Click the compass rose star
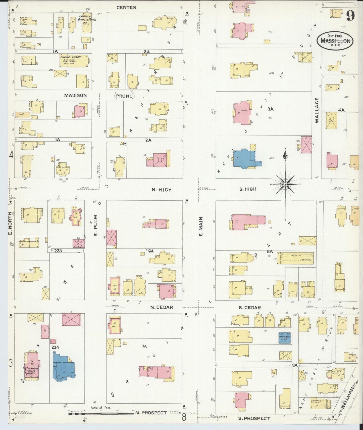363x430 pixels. tap(285, 185)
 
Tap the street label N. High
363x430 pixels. tap(162, 190)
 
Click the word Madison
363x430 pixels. tap(75, 95)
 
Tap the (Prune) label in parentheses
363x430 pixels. tap(124, 96)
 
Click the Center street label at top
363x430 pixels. tap(126, 8)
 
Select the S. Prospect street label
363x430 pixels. tap(254, 418)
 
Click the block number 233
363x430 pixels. tap(58, 251)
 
